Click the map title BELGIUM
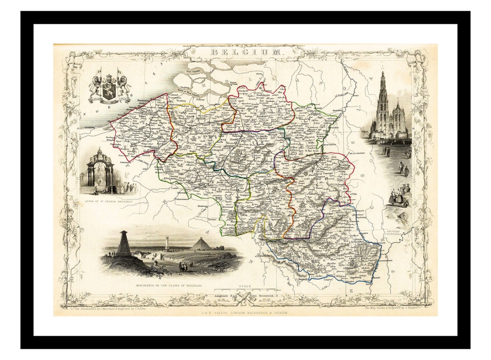245,52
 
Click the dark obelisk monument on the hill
123,244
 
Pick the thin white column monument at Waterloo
167,244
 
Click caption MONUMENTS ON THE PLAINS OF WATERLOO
168,286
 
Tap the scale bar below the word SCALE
245,290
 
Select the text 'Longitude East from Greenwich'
245,297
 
